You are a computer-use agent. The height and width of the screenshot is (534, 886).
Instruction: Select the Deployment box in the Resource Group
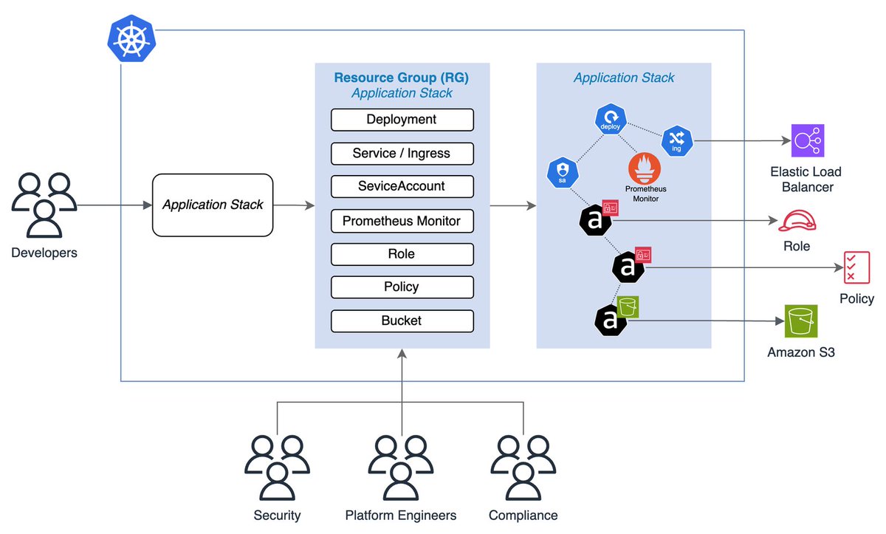(x=402, y=120)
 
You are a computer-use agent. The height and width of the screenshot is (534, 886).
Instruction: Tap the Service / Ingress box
(x=402, y=154)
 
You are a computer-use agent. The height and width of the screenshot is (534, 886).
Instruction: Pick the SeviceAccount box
(x=402, y=187)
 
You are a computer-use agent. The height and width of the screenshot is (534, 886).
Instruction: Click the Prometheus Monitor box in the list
(x=402, y=221)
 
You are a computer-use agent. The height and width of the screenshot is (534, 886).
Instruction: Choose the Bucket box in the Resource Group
(x=402, y=321)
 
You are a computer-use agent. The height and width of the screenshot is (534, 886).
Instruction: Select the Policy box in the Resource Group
(x=402, y=287)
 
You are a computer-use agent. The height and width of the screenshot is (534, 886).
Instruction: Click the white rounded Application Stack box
(x=213, y=205)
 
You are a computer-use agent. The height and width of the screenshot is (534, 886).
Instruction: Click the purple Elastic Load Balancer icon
(x=807, y=140)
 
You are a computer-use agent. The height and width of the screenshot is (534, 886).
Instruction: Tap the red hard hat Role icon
(x=797, y=221)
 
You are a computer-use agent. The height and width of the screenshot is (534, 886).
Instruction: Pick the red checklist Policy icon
(x=856, y=267)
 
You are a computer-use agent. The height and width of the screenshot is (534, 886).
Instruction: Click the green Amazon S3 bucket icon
(x=801, y=321)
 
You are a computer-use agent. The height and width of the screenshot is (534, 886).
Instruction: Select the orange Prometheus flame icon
(x=644, y=168)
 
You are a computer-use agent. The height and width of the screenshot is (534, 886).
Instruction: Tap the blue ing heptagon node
(x=677, y=140)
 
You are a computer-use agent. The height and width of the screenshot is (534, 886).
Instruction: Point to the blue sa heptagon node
(x=561, y=173)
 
